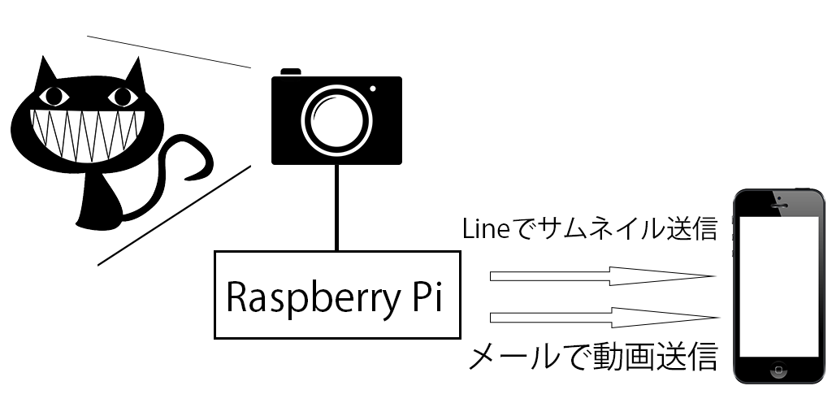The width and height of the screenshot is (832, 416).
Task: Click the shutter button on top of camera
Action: (x=291, y=72)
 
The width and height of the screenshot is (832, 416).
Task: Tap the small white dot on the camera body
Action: (x=373, y=88)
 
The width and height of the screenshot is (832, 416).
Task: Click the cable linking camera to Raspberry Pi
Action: (x=335, y=207)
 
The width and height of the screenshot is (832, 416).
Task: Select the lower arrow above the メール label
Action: (x=601, y=316)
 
